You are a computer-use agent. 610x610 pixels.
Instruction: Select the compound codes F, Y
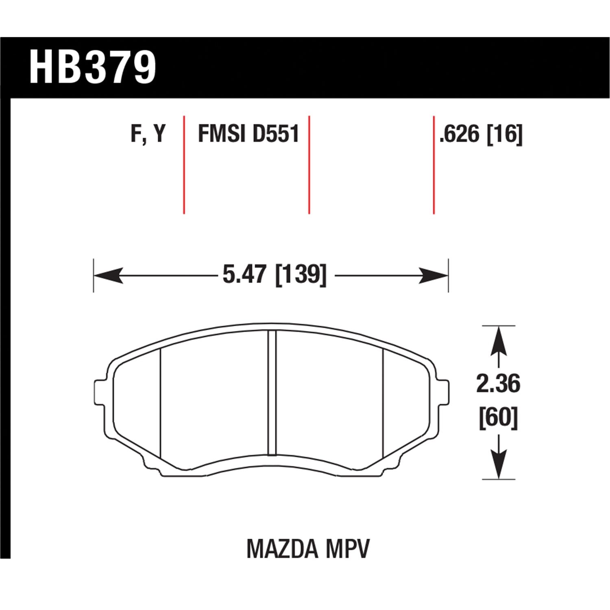click(x=148, y=134)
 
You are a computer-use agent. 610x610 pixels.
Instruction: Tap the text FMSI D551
click(x=248, y=134)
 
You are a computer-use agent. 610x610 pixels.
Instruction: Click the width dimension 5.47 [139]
click(x=274, y=275)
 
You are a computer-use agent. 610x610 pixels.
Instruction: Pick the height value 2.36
click(x=498, y=384)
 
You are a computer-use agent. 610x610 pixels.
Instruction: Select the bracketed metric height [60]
click(x=498, y=417)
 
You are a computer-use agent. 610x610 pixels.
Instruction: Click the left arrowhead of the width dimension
click(x=108, y=276)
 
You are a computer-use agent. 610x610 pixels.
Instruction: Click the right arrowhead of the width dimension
click(x=434, y=276)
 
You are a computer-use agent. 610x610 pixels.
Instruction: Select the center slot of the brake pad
click(x=272, y=392)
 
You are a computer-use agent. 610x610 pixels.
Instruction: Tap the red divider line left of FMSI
click(x=184, y=165)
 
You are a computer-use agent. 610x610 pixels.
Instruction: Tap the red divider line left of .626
click(x=434, y=165)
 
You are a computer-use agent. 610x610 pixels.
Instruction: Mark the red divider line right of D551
click(x=309, y=165)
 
